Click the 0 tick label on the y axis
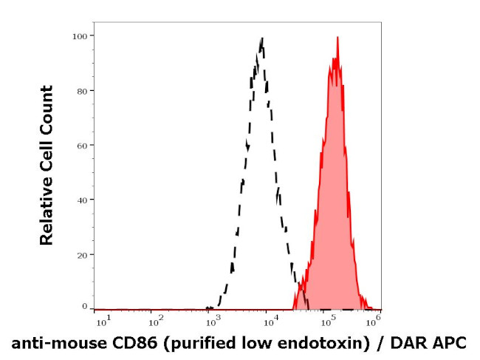tap(85, 306)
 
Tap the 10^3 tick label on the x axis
tap(212, 321)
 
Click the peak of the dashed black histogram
tap(261, 38)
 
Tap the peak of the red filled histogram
tap(337, 37)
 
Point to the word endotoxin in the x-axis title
tap(313, 343)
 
